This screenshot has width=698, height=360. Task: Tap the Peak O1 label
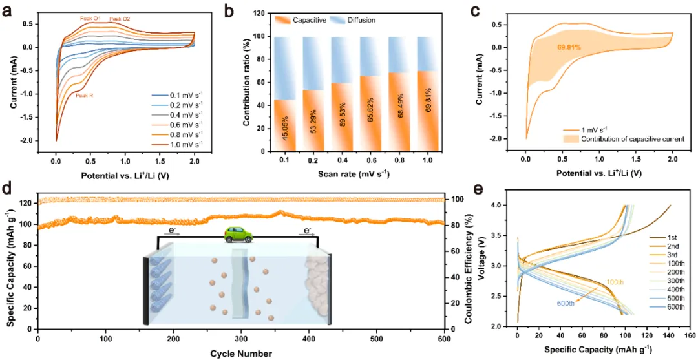pos(90,19)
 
